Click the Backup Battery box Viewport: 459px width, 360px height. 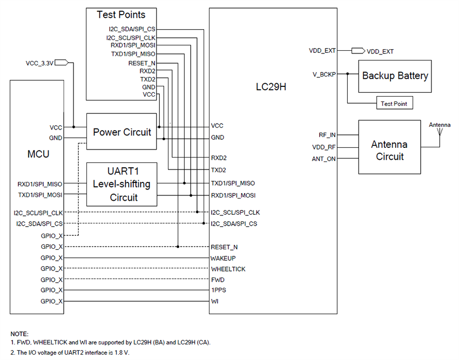[395, 76]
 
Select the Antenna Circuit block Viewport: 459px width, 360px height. [389, 151]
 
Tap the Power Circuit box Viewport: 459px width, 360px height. [122, 132]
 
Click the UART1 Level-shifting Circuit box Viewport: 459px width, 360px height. [122, 184]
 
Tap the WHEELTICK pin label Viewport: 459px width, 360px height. [227, 269]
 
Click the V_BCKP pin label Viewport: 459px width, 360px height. [324, 74]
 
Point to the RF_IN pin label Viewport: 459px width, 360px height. [327, 135]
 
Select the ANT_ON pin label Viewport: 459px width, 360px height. [325, 159]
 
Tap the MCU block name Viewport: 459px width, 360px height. [38, 154]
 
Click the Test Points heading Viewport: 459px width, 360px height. [120, 15]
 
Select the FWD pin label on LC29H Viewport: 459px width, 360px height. [217, 280]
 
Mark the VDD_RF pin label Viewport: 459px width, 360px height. [324, 147]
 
